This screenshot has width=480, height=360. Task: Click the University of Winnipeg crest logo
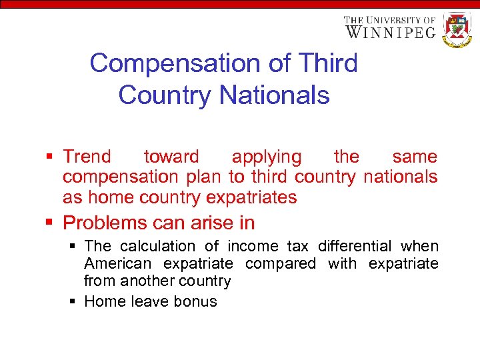457,29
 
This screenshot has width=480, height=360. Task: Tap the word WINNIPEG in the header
390,31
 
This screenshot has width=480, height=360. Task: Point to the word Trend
87,157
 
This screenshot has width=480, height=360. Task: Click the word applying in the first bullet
266,157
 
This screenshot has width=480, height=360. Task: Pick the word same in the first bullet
415,157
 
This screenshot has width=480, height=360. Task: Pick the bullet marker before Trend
50,157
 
